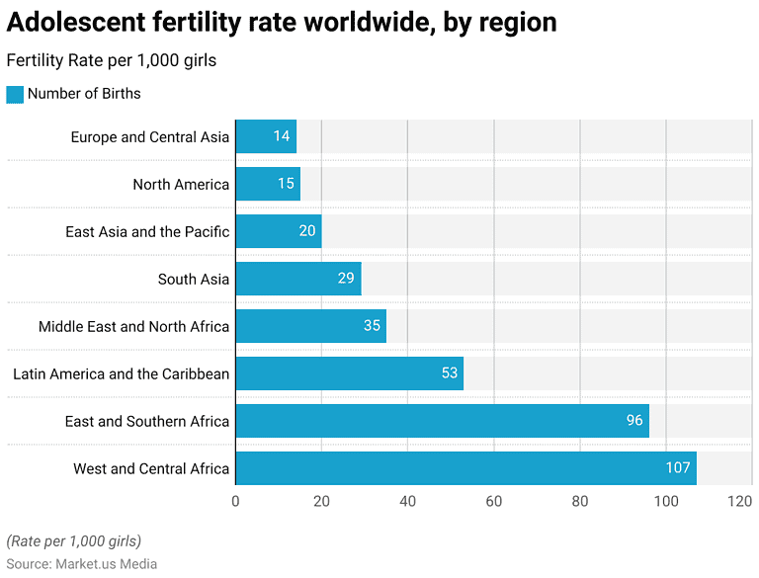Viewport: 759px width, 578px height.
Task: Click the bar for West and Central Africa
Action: click(x=465, y=468)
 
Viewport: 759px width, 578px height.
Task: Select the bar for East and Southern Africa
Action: click(x=442, y=421)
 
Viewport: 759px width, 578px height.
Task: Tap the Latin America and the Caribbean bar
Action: click(x=349, y=373)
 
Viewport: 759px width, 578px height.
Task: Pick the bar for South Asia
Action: click(x=297, y=279)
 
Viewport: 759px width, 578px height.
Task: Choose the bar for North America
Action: click(x=267, y=184)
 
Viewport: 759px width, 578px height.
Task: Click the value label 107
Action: click(x=677, y=468)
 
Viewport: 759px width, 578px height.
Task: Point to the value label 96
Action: click(x=633, y=421)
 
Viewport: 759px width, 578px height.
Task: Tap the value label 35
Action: click(x=372, y=326)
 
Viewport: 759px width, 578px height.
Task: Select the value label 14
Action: click(x=282, y=136)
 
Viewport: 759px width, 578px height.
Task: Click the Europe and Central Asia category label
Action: click(x=149, y=136)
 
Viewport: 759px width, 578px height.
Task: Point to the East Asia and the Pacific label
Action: click(x=147, y=231)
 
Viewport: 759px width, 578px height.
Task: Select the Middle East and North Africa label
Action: click(x=133, y=326)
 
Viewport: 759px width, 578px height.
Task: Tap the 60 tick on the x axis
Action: click(x=493, y=501)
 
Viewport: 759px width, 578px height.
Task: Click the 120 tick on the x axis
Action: click(x=740, y=501)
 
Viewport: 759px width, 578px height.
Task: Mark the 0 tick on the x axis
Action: click(x=235, y=501)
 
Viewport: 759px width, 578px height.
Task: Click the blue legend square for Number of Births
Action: click(x=14, y=94)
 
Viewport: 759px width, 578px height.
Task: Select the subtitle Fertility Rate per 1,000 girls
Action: click(x=111, y=60)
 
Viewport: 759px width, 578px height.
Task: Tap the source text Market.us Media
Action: click(x=106, y=564)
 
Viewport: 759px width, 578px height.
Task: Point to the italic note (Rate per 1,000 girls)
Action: click(x=73, y=540)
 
